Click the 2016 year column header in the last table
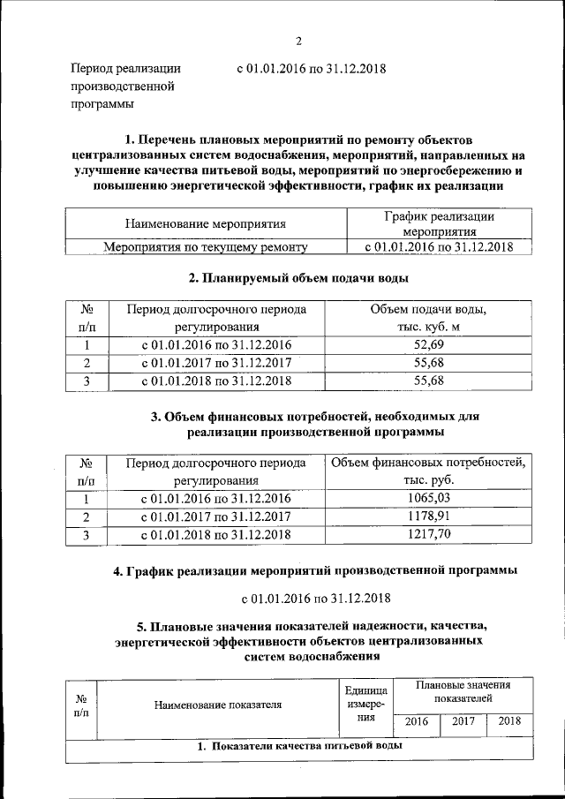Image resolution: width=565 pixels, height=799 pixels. tap(416, 721)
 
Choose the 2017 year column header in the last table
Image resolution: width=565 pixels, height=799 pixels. tap(463, 721)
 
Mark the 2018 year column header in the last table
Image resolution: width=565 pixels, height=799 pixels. tap(509, 721)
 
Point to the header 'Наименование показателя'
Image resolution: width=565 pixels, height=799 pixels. tap(217, 705)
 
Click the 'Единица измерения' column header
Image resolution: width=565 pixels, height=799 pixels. tap(366, 705)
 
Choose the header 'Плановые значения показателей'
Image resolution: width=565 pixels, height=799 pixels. tap(463, 691)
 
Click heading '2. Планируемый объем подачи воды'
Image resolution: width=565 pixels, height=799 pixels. tap(298, 278)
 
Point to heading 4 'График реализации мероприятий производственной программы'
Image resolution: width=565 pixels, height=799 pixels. tap(314, 570)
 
